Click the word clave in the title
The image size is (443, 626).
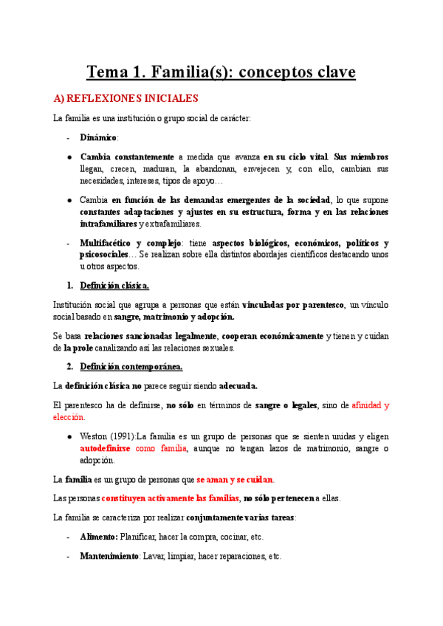pyautogui.click(x=326, y=72)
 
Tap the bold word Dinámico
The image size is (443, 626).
pyautogui.click(x=98, y=137)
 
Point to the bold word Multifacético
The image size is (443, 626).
pyautogui.click(x=106, y=243)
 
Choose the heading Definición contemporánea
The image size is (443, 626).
pyautogui.click(x=131, y=367)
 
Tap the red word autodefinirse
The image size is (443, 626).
pyautogui.click(x=106, y=449)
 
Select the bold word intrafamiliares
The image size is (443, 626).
pyautogui.click(x=109, y=224)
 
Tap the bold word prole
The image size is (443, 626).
pyautogui.click(x=78, y=348)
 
